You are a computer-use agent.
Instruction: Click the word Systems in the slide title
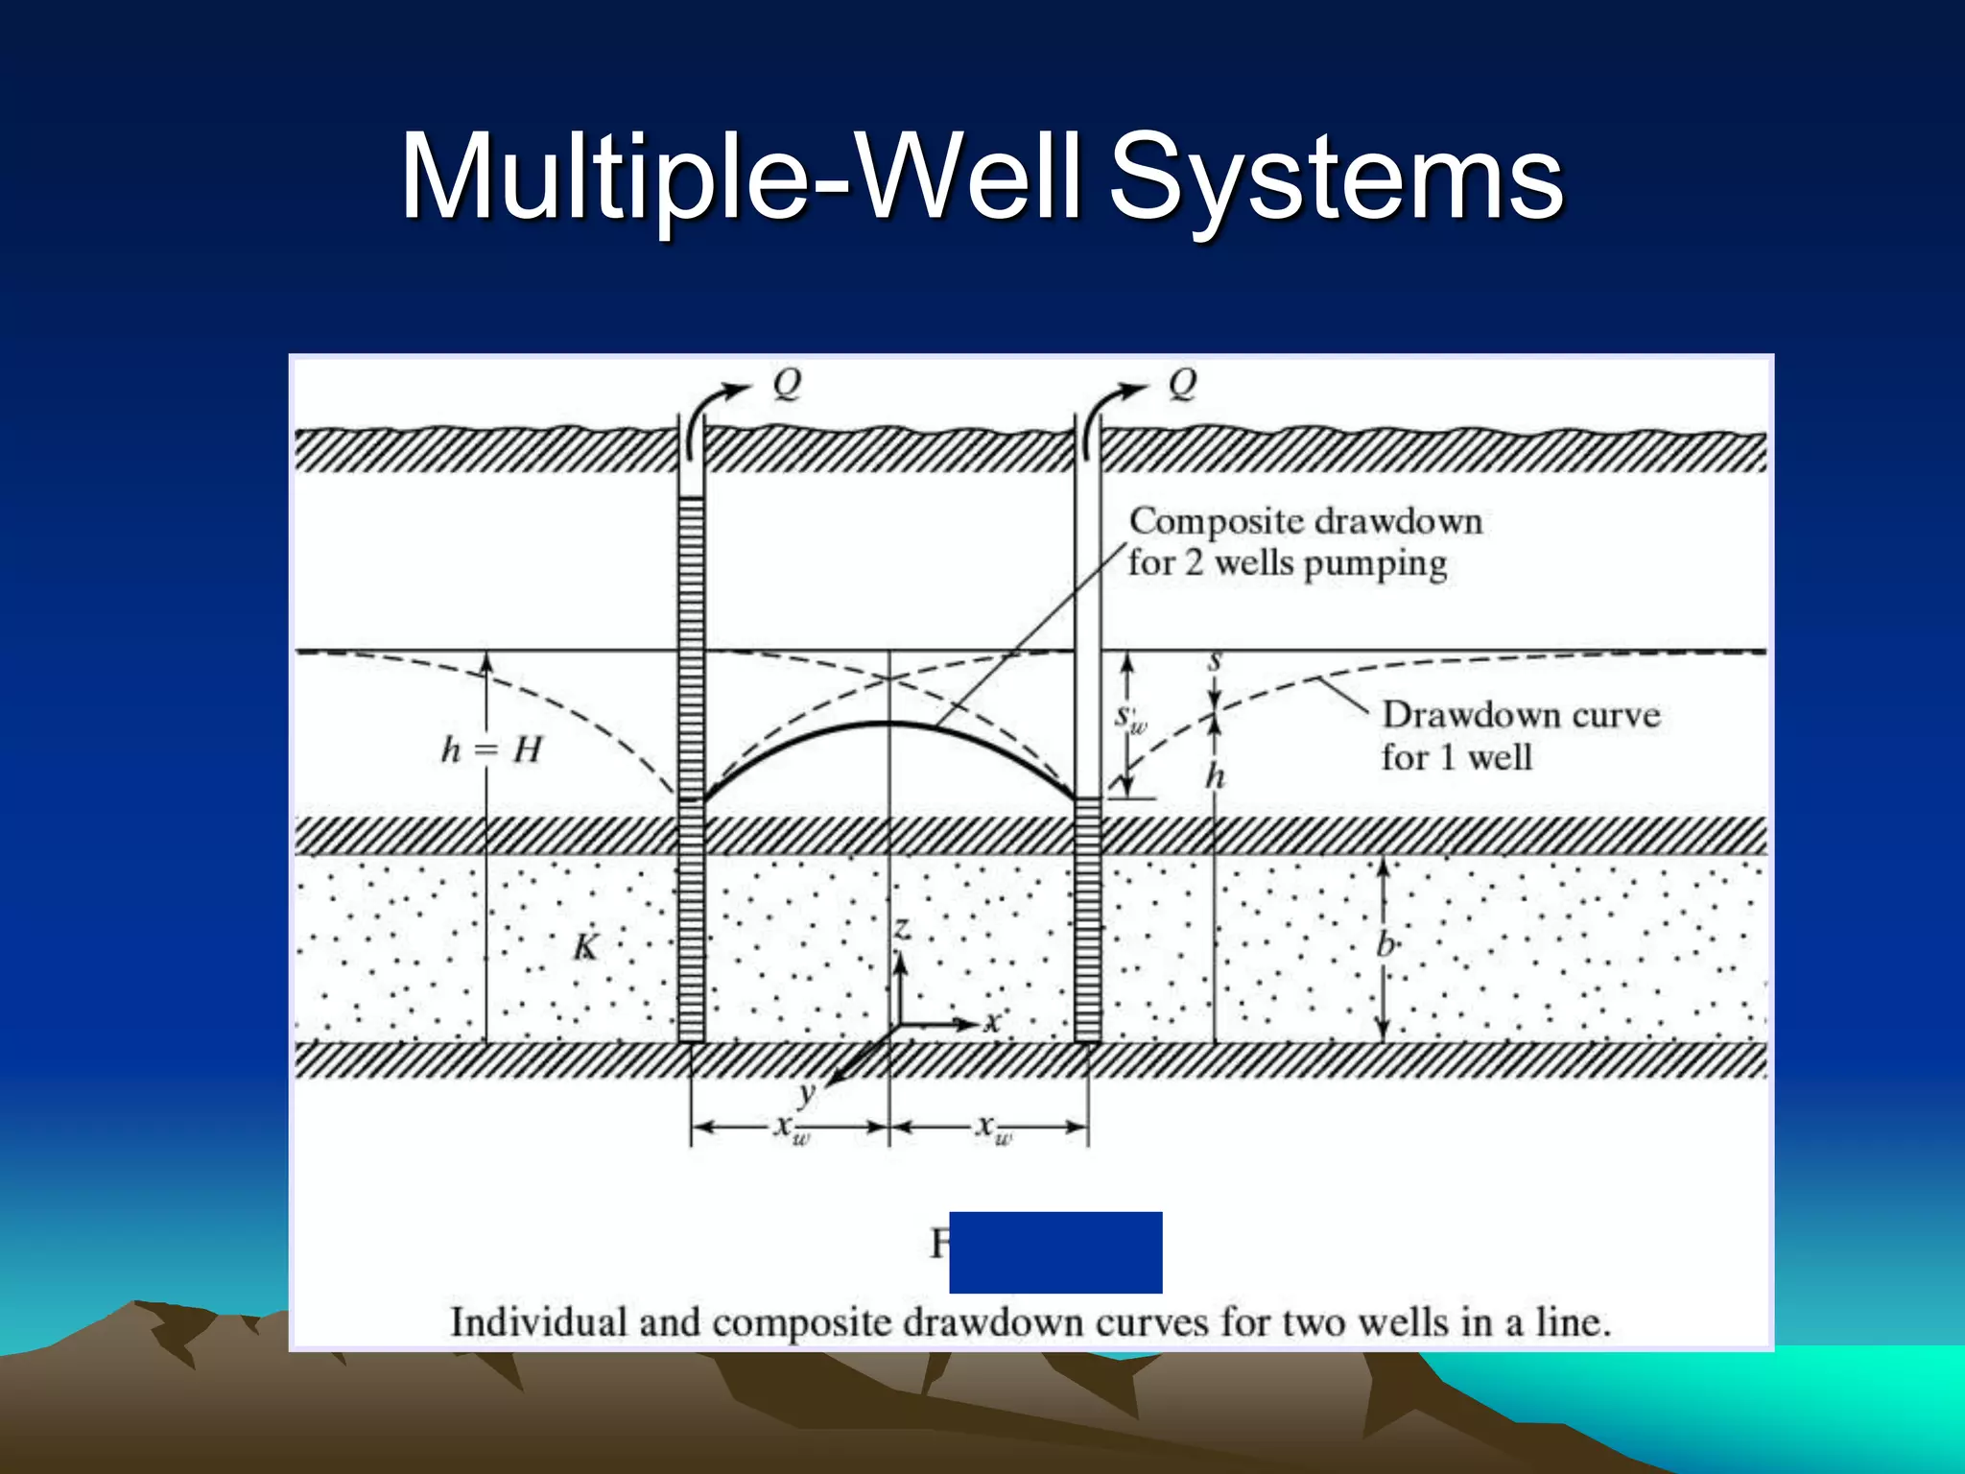coord(1336,178)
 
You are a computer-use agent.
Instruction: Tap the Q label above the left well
coord(787,384)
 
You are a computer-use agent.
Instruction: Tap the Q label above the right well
coord(1182,384)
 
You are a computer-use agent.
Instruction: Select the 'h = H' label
coord(491,749)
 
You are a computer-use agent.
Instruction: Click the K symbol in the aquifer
coord(584,948)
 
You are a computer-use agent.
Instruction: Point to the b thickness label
coord(1385,945)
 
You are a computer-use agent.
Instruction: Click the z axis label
coord(901,928)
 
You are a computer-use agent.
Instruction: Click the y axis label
coord(808,1092)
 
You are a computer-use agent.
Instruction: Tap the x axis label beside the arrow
coord(992,1022)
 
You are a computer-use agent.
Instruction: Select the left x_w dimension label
coord(792,1128)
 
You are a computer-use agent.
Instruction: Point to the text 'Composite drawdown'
coord(1305,521)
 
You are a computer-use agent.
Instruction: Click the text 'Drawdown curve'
coord(1521,715)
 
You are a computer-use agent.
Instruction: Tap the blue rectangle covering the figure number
coord(1055,1251)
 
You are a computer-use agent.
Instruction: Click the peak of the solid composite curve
coord(889,723)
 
